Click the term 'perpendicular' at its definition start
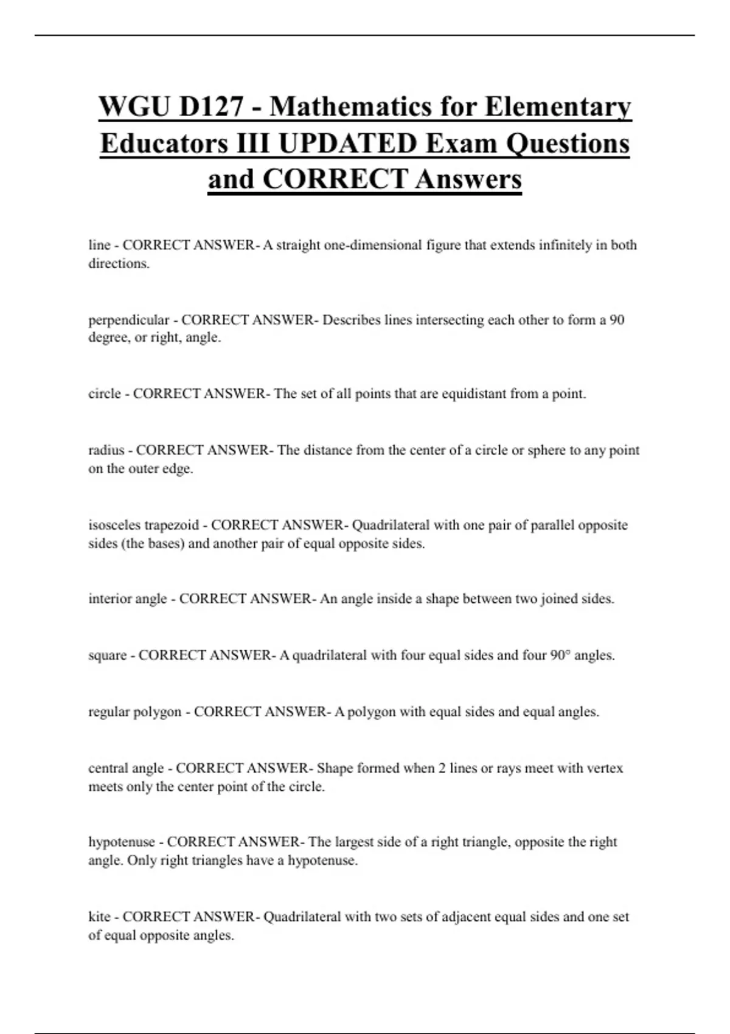coord(128,320)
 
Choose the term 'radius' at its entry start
coord(106,450)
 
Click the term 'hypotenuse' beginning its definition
coord(122,842)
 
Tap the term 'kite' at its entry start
coord(99,917)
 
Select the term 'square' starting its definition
coord(108,655)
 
